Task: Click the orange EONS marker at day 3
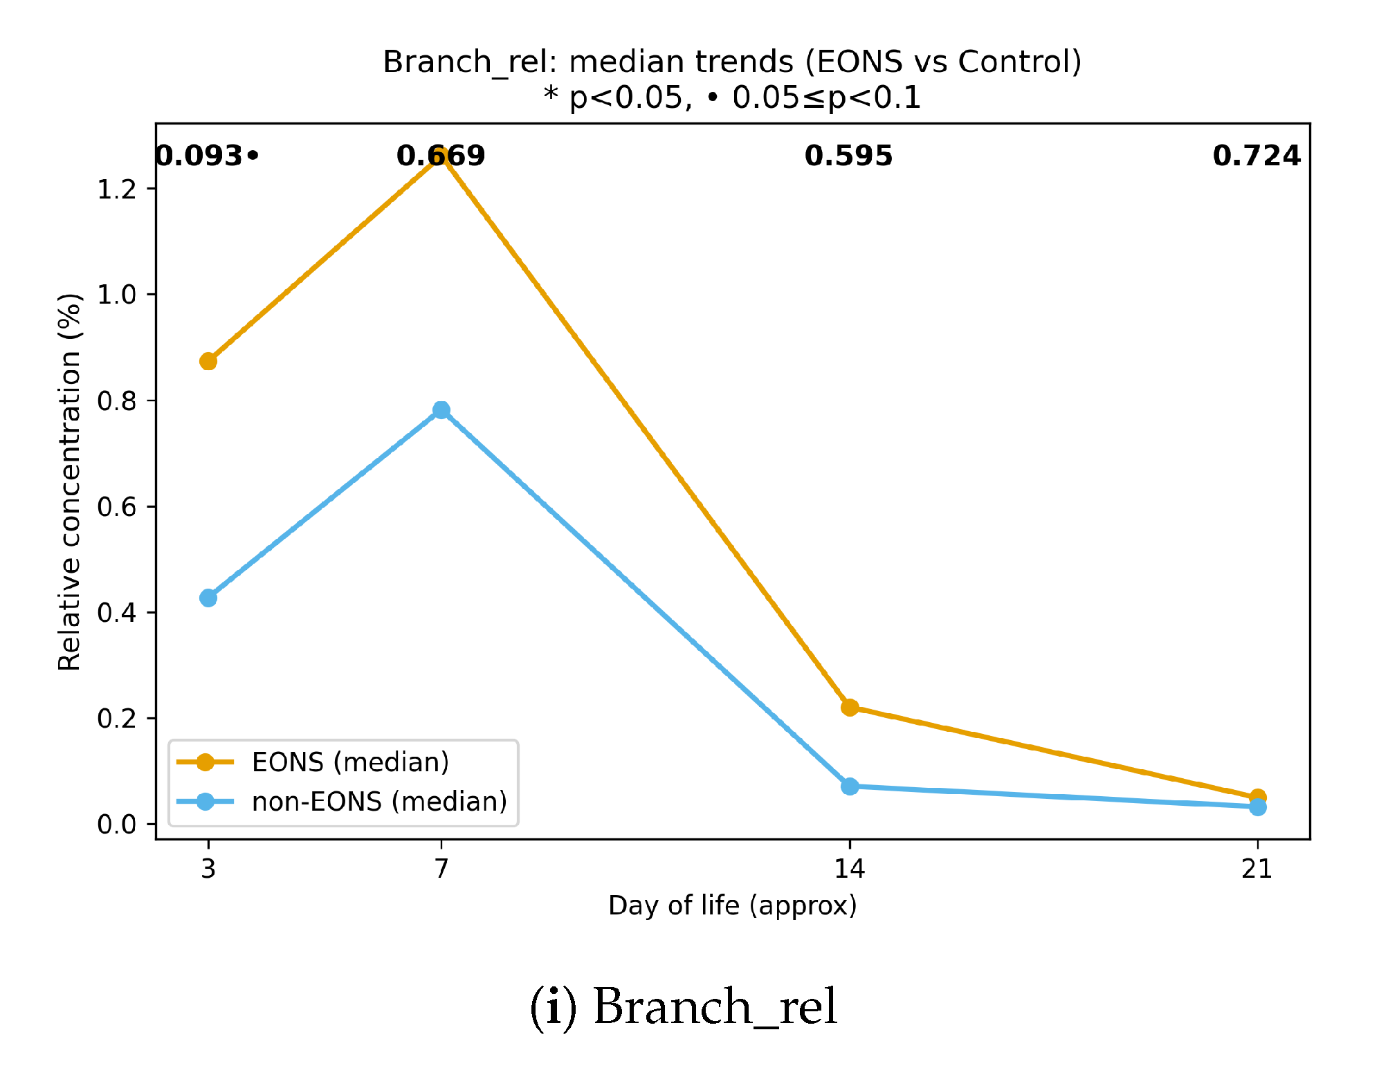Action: pos(208,361)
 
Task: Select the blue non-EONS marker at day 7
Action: pos(441,410)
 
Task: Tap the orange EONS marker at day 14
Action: pos(850,707)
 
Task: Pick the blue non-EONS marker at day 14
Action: pos(850,786)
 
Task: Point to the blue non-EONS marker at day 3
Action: pos(208,598)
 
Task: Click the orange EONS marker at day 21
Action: pos(1258,797)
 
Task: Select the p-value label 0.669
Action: pos(441,156)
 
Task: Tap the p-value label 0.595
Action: pos(849,156)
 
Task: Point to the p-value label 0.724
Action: pos(1257,156)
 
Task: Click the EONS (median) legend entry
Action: pos(350,762)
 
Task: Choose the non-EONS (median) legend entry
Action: pos(379,802)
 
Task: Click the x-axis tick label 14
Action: pos(850,868)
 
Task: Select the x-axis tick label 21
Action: pos(1257,868)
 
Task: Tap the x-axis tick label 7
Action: pos(441,868)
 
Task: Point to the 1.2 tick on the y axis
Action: pos(117,189)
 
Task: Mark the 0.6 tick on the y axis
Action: pos(117,507)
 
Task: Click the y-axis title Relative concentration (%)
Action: pos(69,481)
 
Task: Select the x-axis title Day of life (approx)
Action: pos(732,905)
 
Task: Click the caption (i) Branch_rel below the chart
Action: pos(684,1007)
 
